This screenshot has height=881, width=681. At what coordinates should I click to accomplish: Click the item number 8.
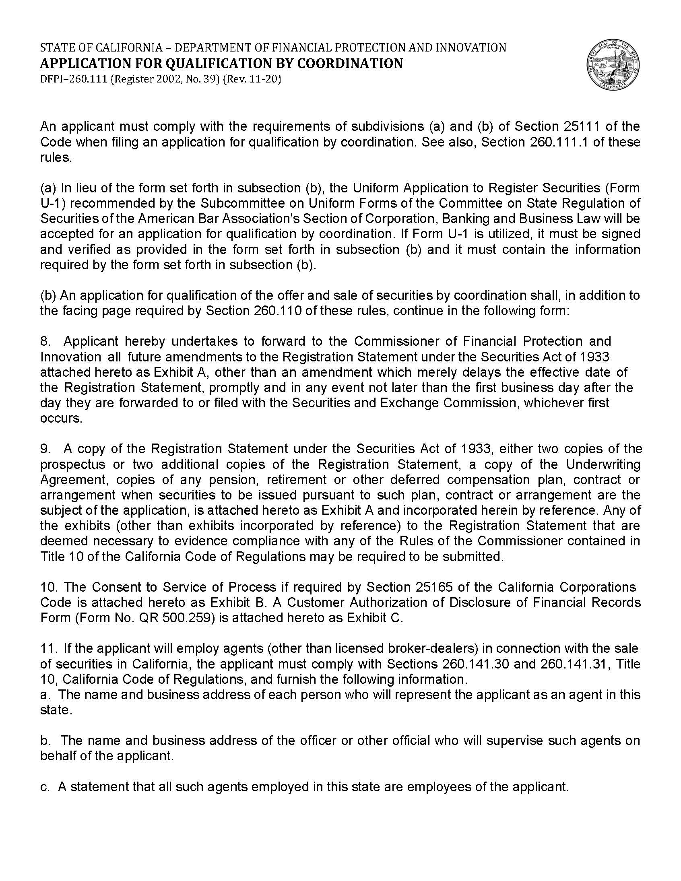click(45, 341)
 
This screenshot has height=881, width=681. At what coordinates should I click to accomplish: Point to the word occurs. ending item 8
click(61, 418)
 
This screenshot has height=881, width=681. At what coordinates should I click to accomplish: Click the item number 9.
click(45, 449)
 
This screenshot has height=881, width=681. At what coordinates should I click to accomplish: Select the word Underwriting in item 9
click(603, 464)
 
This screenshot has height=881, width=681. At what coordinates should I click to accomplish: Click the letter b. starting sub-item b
click(45, 741)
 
